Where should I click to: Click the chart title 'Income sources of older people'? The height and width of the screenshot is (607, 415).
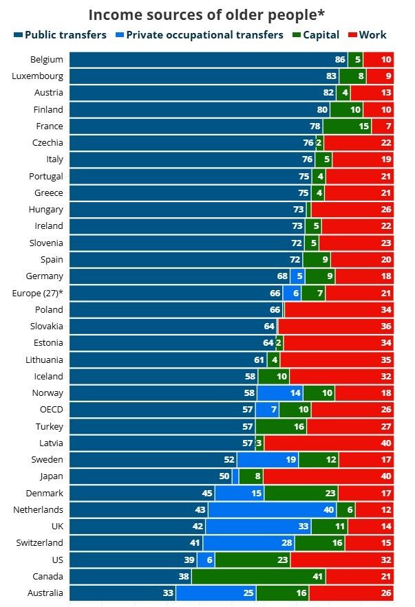206,15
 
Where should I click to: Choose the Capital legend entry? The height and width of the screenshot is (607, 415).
316,34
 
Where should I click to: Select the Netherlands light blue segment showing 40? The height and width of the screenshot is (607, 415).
272,510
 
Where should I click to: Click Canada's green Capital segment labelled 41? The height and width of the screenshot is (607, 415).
258,577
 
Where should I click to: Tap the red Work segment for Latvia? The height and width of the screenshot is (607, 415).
329,443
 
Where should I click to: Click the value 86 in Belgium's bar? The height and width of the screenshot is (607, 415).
340,60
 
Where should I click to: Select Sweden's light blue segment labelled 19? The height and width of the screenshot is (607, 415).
268,460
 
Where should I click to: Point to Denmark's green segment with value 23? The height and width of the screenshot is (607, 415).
301,494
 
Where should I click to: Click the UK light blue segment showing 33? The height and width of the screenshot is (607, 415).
258,527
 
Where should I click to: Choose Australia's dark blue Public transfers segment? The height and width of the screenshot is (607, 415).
123,593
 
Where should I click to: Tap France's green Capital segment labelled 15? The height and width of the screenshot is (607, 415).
347,126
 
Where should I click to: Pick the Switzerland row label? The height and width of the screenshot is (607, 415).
40,543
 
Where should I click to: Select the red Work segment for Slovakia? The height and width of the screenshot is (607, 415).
336,327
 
